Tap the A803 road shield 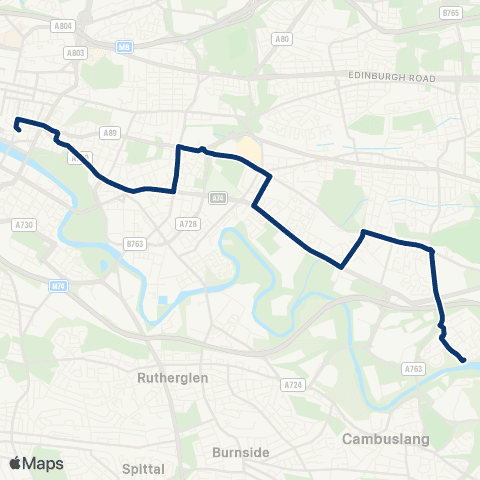tap(75, 52)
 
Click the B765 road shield tap(451, 13)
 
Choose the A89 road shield tap(111, 131)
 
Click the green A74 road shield tap(218, 199)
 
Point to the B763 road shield tap(135, 244)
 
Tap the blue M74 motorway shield tap(59, 286)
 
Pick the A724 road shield tap(292, 384)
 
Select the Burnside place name tap(241, 452)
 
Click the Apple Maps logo tap(35, 462)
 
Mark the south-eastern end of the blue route tap(463, 360)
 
